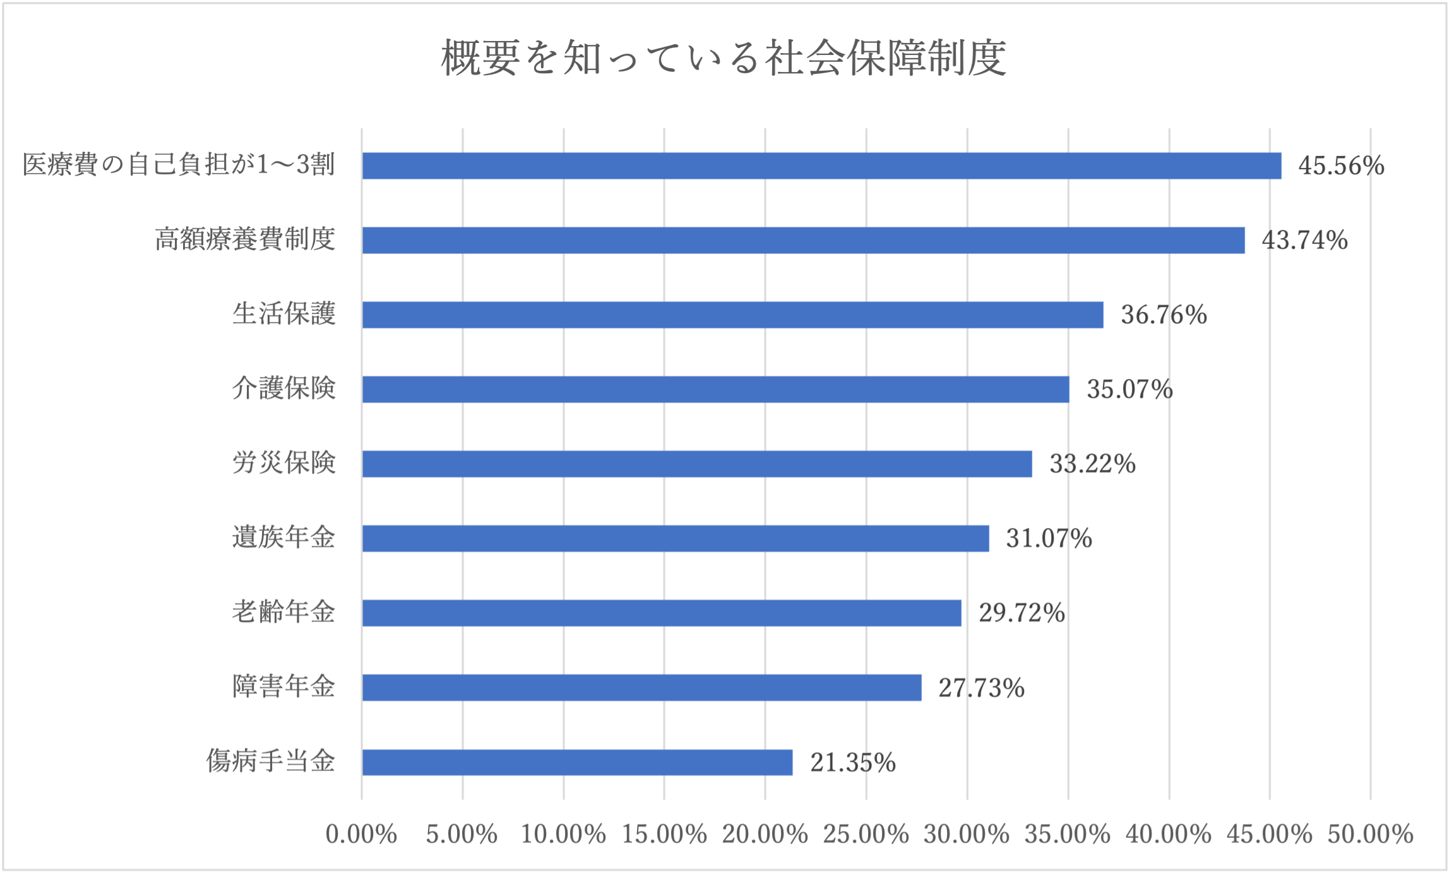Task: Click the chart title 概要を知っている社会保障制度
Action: tap(723, 58)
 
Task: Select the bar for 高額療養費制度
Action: tap(803, 240)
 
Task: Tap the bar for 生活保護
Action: tap(732, 314)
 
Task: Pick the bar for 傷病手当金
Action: tap(577, 762)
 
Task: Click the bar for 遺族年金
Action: tap(675, 538)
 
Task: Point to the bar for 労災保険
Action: tap(697, 464)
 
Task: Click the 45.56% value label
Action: tap(1341, 165)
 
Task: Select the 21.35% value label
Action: tap(853, 762)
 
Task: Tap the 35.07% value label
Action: tap(1129, 389)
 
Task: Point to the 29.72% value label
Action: tap(1021, 613)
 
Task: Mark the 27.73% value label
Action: tap(981, 688)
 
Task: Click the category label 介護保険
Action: tap(283, 388)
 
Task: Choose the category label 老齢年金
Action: tap(283, 611)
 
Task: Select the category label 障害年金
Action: tap(283, 686)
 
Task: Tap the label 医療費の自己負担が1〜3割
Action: tap(179, 164)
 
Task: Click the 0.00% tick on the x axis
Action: tap(361, 834)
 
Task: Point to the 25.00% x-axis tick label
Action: tap(866, 834)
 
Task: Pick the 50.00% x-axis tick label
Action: tap(1370, 834)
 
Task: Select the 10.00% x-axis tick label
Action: tap(563, 834)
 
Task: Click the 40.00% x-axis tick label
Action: tap(1169, 834)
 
